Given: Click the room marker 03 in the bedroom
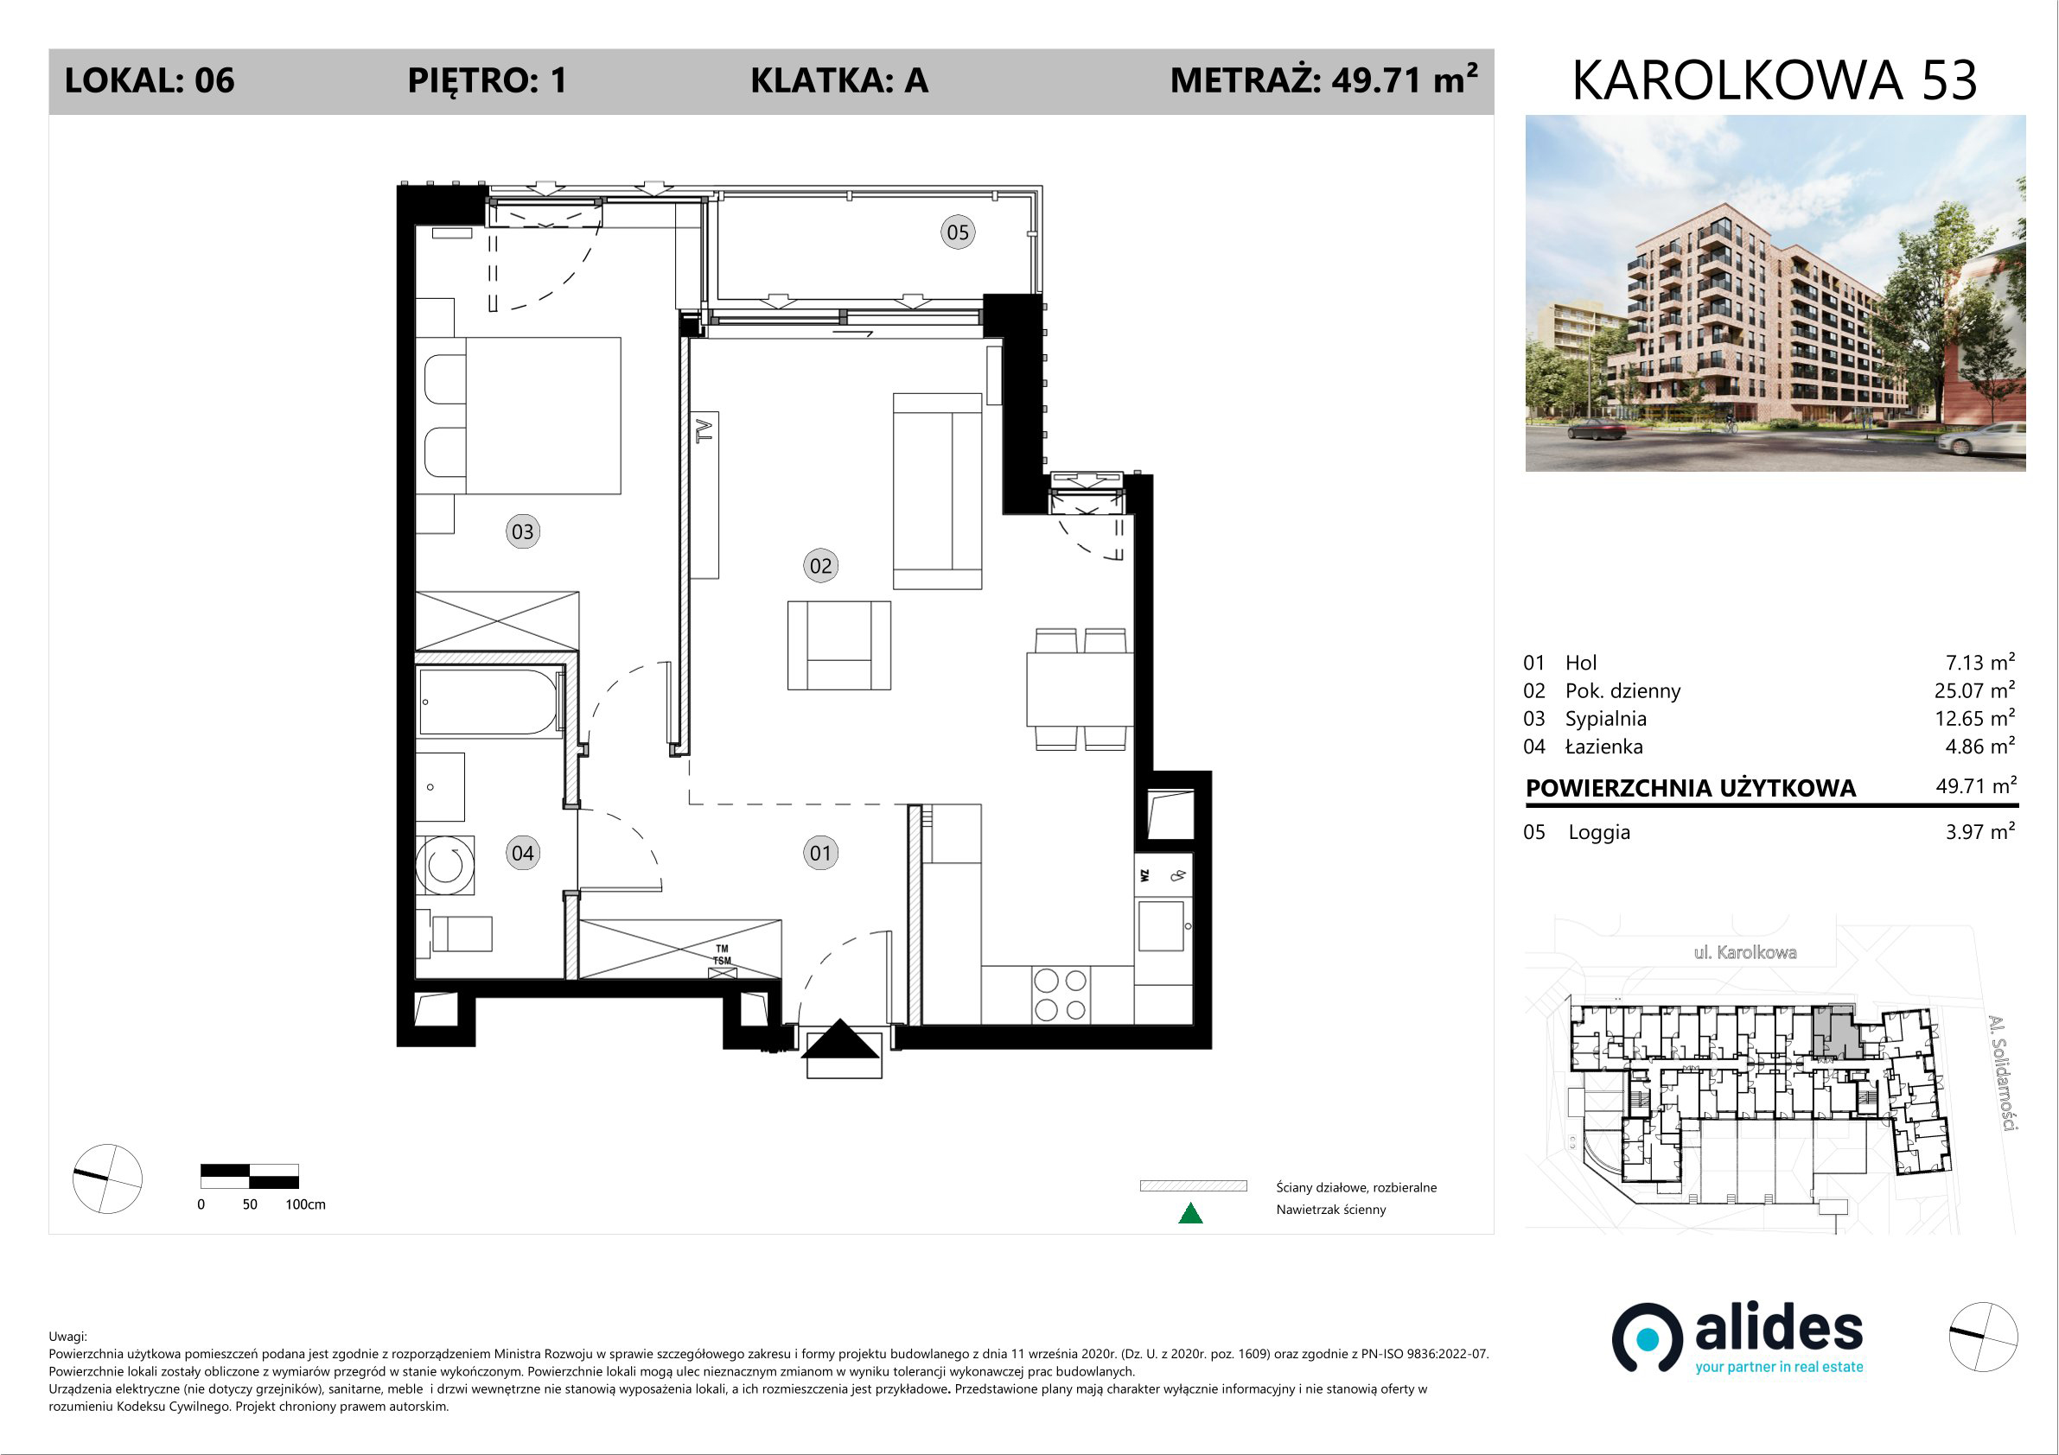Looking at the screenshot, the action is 523,531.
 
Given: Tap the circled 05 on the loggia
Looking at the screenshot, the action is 958,232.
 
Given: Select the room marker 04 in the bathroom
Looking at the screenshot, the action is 523,853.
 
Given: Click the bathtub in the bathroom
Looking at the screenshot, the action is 489,702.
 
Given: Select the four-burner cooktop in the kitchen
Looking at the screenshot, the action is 1060,994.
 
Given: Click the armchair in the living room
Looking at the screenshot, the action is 839,645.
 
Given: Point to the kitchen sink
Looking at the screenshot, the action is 1163,926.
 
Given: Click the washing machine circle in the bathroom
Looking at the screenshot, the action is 446,865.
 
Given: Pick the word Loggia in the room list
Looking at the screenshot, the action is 1599,832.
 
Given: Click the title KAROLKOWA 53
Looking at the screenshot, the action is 1775,80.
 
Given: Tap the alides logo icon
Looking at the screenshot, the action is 1648,1337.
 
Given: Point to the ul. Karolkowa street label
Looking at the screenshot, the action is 1745,952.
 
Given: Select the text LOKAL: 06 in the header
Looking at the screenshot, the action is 150,80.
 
